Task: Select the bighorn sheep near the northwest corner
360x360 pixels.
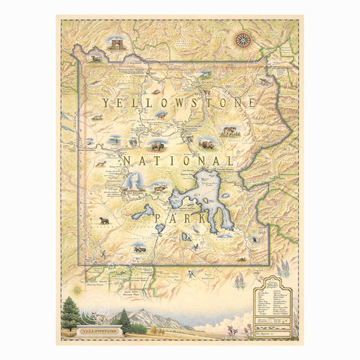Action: click(x=96, y=59)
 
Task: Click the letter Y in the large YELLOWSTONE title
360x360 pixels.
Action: click(x=105, y=103)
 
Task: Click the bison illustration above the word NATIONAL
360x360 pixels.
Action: click(x=157, y=146)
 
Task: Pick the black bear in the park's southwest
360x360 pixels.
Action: click(x=105, y=221)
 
